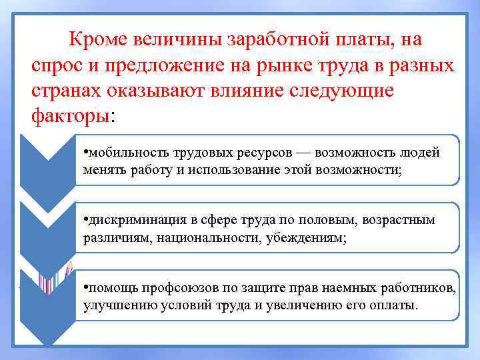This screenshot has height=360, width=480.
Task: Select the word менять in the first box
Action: [103, 170]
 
